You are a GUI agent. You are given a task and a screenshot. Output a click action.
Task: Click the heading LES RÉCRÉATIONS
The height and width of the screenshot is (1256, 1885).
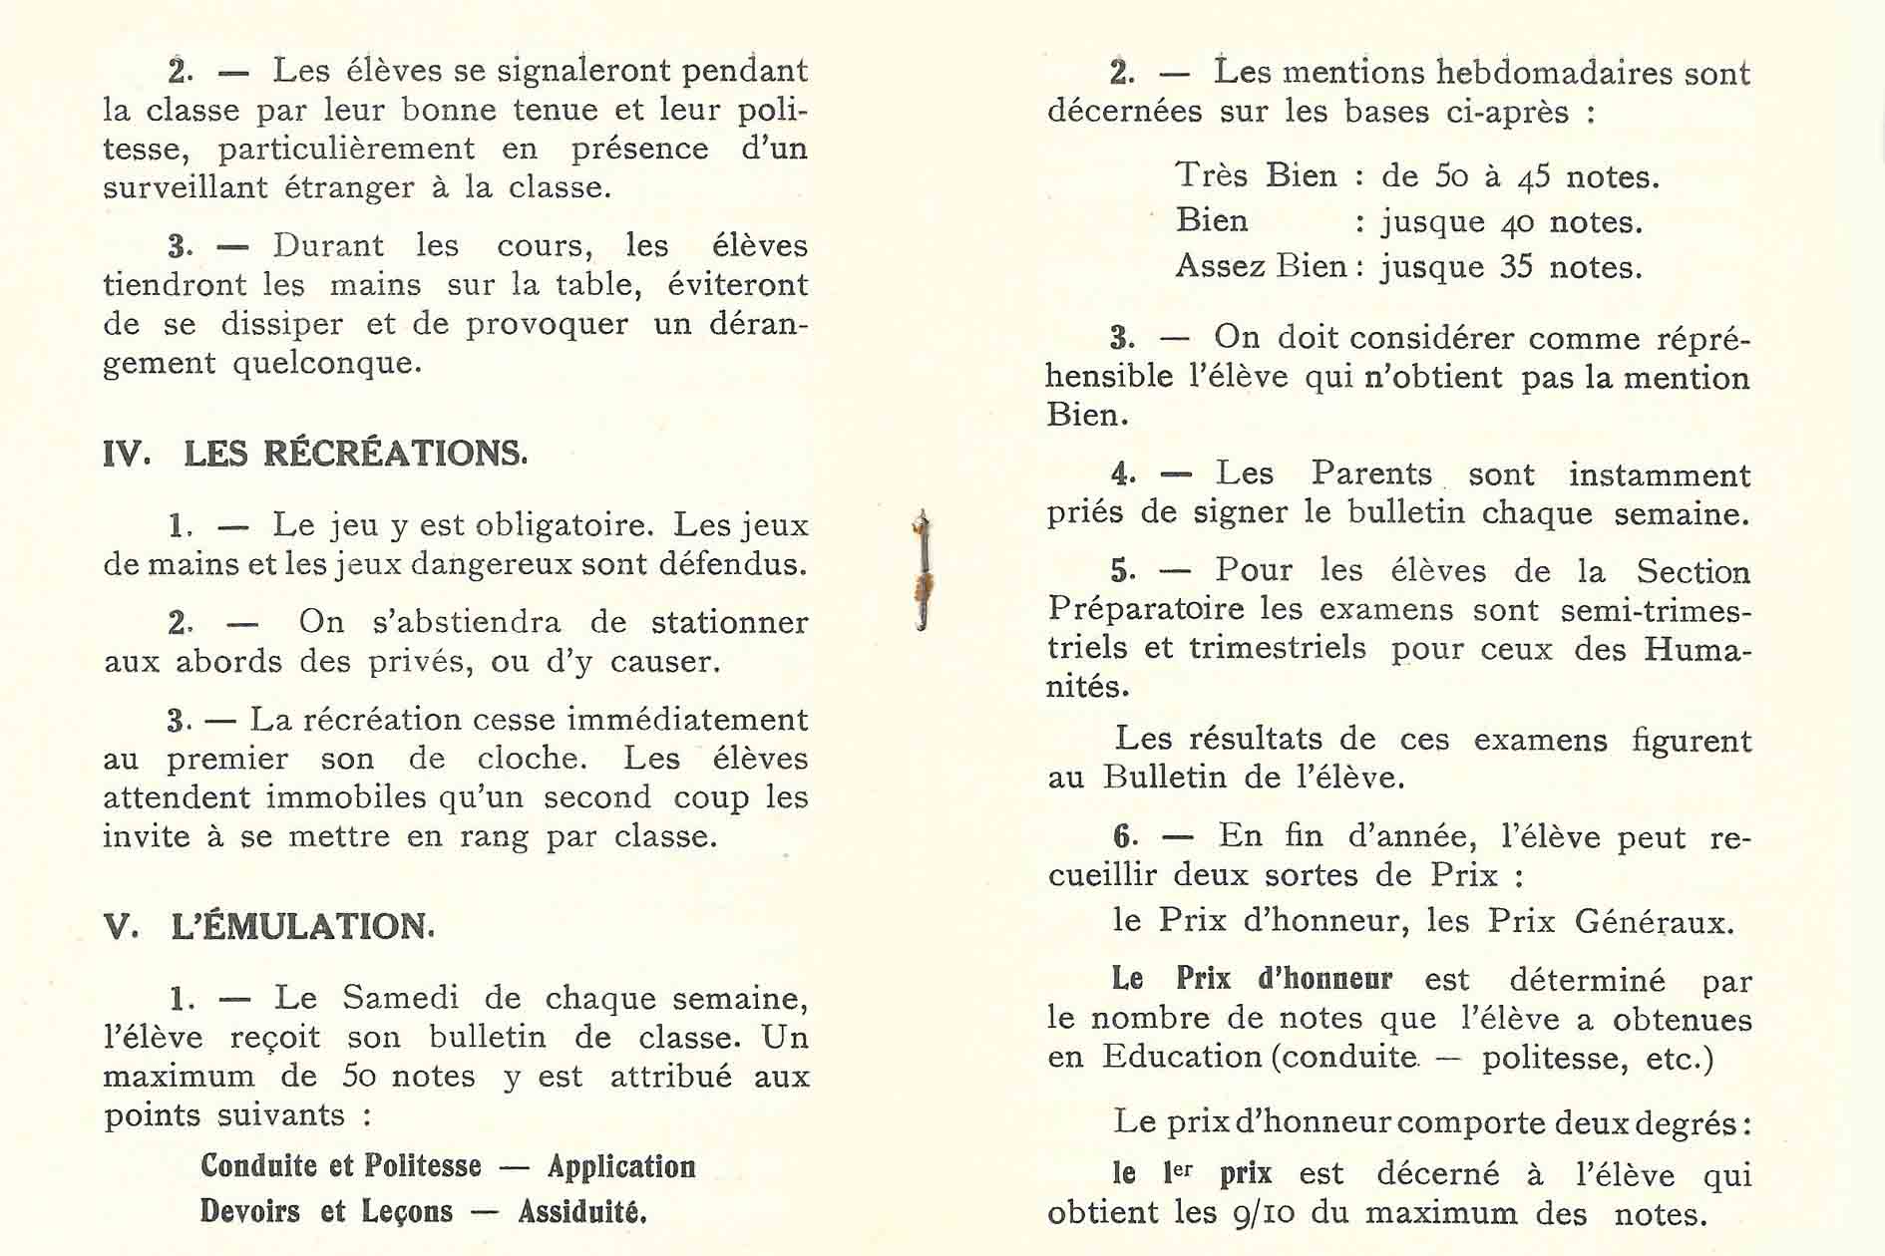pyautogui.click(x=355, y=455)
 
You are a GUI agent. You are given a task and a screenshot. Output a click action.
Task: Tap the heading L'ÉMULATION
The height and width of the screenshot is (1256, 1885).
pyautogui.click(x=302, y=927)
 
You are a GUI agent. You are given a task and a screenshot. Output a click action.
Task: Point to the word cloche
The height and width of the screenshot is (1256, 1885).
pyautogui.click(x=532, y=759)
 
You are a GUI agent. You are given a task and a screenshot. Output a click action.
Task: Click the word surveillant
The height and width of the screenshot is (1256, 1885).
pyautogui.click(x=186, y=187)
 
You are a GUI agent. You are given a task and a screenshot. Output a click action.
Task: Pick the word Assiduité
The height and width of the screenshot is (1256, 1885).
pyautogui.click(x=582, y=1212)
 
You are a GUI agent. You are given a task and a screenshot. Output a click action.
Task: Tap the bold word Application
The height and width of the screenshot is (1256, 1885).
pyautogui.click(x=621, y=1166)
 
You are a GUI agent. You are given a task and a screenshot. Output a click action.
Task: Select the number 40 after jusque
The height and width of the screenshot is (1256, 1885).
pyautogui.click(x=1517, y=223)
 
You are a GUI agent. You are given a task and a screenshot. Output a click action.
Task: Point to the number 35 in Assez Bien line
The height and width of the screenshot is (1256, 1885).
pyautogui.click(x=1516, y=268)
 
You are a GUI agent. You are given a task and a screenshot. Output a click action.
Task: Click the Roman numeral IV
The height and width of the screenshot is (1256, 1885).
pyautogui.click(x=126, y=456)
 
